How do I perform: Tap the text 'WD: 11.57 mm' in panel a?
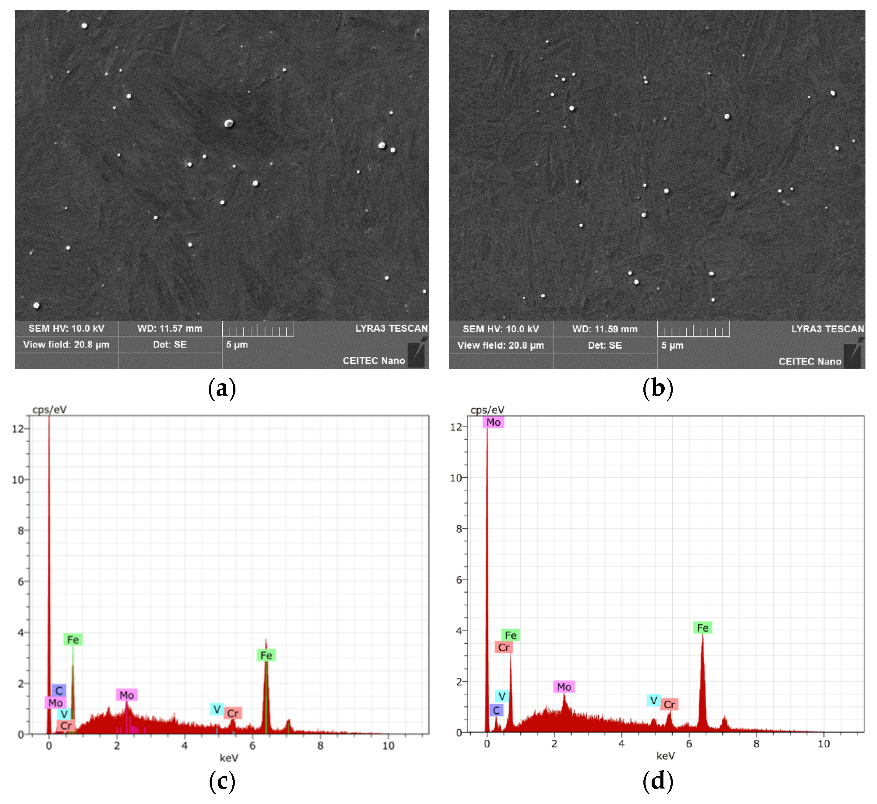[x=170, y=329]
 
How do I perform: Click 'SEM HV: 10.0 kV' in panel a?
[x=66, y=329]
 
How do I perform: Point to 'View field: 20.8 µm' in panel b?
[x=501, y=346]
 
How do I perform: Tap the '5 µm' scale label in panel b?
[x=673, y=346]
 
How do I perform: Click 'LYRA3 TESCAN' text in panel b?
[x=827, y=329]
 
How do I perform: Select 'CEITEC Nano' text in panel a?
[x=373, y=361]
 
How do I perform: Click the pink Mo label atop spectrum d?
[x=493, y=422]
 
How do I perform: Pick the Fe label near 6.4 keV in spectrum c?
[x=266, y=655]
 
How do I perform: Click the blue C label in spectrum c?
[x=59, y=690]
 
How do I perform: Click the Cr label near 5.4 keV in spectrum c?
[x=233, y=713]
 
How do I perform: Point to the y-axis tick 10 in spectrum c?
[x=18, y=480]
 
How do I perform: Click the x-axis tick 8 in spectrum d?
[x=756, y=744]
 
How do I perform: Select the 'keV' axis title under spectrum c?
[x=229, y=758]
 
